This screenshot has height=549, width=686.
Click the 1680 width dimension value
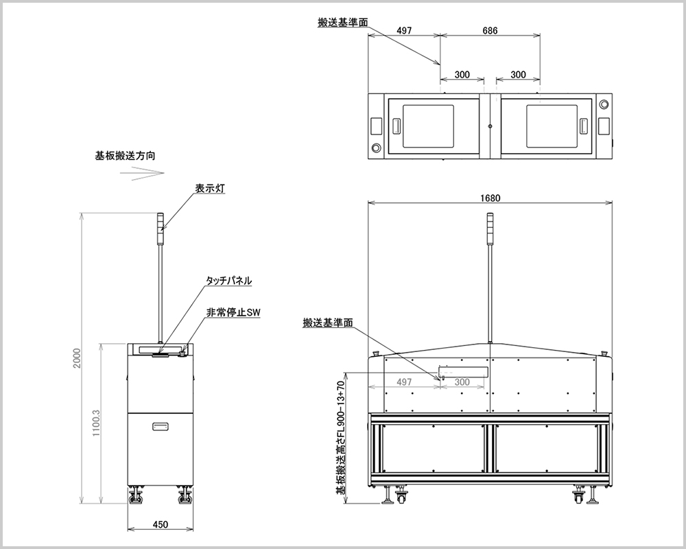pos(490,198)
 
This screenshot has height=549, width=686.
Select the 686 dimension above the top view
pos(490,31)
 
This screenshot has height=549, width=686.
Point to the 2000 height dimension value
pos(77,358)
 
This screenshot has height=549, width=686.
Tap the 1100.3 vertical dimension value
pos(97,423)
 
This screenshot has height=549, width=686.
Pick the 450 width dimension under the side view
pos(161,524)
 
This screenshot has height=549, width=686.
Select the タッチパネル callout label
pos(229,281)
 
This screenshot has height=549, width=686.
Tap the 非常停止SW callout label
pos(233,313)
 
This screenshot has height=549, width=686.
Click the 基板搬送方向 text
pos(125,155)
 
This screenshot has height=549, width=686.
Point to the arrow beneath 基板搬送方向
pos(142,172)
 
